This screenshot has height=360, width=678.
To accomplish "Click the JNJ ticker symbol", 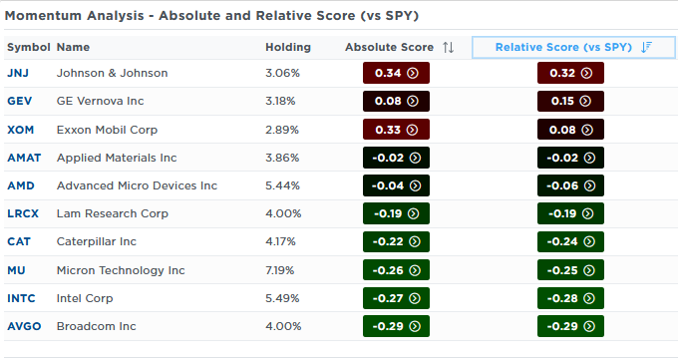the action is [18, 73].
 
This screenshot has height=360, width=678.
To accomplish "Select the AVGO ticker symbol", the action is [24, 326].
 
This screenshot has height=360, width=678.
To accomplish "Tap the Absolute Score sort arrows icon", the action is [449, 47].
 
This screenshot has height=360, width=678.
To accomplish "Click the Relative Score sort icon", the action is [646, 47].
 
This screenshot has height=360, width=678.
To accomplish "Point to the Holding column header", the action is [288, 47].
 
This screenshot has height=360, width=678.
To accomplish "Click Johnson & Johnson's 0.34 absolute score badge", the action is [396, 73].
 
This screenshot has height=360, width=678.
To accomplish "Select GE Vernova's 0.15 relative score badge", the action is [570, 101].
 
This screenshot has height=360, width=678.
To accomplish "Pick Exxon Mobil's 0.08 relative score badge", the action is [570, 130].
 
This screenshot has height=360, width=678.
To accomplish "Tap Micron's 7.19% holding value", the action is [280, 270].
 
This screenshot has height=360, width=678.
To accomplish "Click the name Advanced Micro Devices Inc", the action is [137, 185].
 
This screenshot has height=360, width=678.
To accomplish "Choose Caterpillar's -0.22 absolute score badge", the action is [396, 241].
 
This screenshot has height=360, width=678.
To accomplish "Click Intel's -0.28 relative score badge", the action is [570, 298].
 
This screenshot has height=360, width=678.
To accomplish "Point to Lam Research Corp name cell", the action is [113, 213].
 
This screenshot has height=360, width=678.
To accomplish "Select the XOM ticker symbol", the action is [20, 130].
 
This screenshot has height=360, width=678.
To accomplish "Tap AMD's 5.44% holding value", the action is [282, 185].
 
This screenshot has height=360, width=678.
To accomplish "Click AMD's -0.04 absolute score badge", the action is [396, 185].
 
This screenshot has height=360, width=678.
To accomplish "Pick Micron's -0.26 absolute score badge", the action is [396, 270].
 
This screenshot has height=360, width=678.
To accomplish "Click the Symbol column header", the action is [29, 47].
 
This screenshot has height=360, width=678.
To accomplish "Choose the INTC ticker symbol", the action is [21, 298].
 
